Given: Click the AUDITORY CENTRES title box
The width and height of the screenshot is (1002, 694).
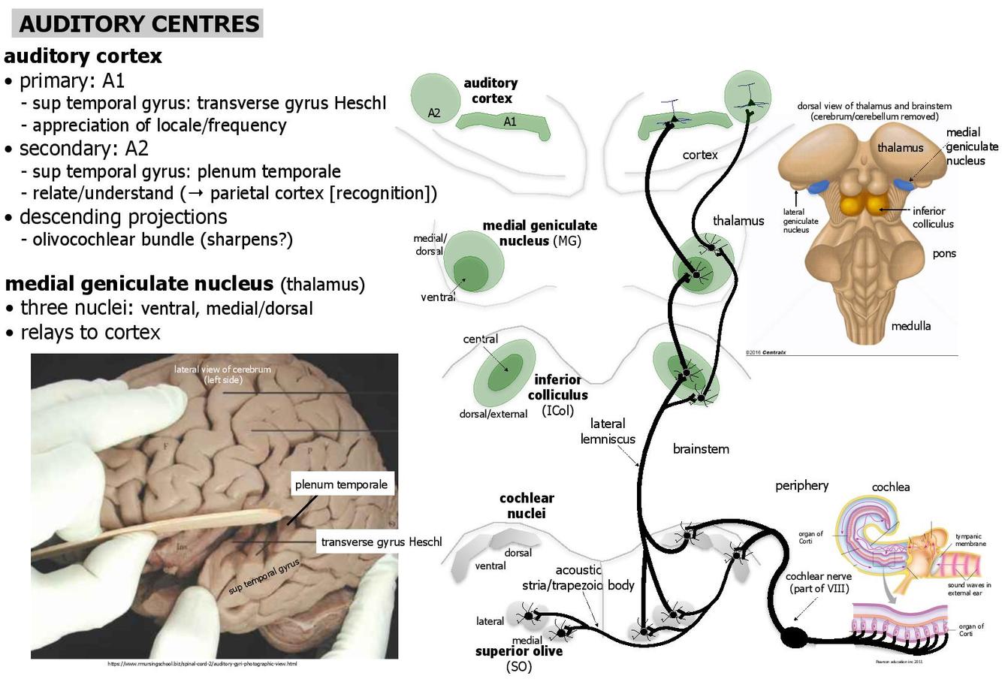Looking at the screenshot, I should [138, 23].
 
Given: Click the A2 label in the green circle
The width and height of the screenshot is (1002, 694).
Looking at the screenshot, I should [434, 113].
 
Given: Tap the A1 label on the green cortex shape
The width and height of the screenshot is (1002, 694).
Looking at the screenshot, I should [510, 122].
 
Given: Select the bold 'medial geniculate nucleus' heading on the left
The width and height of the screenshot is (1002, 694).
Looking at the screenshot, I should [139, 284].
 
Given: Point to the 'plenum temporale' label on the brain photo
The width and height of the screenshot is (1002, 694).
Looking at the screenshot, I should [341, 484].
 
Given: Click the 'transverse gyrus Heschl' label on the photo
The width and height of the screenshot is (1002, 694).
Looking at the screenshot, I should [381, 542].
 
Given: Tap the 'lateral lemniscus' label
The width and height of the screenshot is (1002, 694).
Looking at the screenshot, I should [608, 431].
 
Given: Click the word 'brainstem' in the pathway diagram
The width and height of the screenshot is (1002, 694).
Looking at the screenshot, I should [701, 449].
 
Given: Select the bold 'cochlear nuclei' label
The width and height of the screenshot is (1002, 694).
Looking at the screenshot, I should [527, 505].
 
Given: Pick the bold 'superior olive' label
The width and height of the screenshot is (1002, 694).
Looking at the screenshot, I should [519, 651].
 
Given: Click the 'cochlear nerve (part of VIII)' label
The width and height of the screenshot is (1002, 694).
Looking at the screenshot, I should [819, 582].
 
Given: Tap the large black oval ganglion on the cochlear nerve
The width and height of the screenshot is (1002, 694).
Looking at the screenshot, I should [794, 638].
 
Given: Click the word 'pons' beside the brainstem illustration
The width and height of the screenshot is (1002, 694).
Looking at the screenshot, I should [944, 253].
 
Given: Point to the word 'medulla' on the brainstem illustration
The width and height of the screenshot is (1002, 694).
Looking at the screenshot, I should [910, 325].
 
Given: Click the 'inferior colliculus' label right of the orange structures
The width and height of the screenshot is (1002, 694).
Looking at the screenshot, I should [933, 217].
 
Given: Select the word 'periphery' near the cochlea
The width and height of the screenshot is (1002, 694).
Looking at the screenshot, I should [801, 485].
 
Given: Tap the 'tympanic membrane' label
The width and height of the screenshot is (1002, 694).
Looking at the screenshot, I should [970, 539].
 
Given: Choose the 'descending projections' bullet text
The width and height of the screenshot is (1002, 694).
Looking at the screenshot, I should [123, 217].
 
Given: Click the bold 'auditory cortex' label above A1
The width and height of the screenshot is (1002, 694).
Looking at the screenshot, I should [490, 90].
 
